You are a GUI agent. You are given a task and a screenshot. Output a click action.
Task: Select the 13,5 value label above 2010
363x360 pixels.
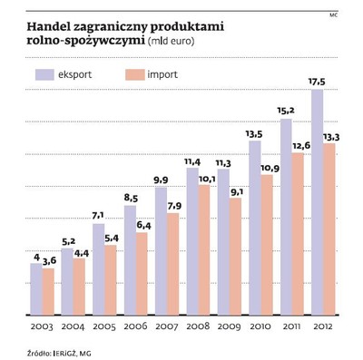point(254,132)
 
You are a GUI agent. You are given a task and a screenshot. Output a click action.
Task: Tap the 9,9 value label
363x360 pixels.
point(161,180)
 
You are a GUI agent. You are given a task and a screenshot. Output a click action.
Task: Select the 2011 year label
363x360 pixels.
point(292,325)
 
